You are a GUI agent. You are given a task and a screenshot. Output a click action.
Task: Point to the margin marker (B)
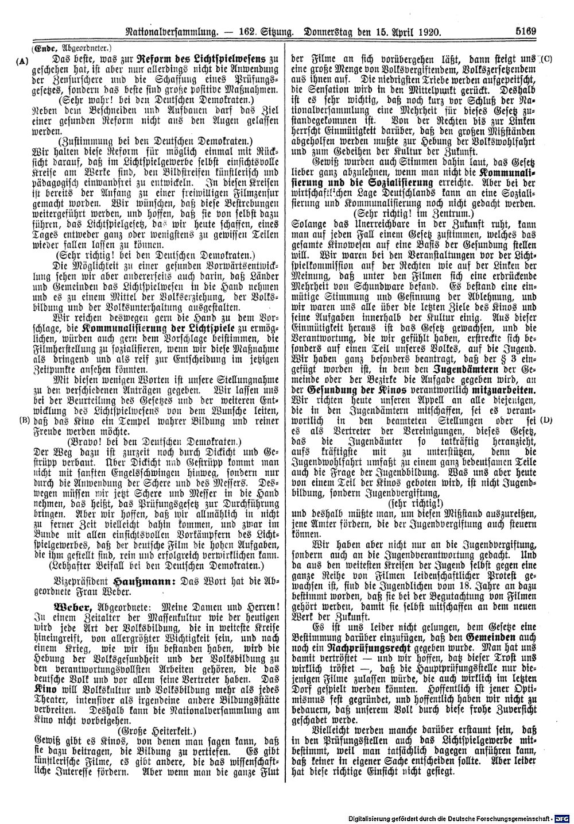click(24, 419)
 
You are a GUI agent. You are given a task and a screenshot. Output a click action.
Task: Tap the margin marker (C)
click(546, 59)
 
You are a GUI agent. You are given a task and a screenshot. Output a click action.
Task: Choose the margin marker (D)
click(545, 419)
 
